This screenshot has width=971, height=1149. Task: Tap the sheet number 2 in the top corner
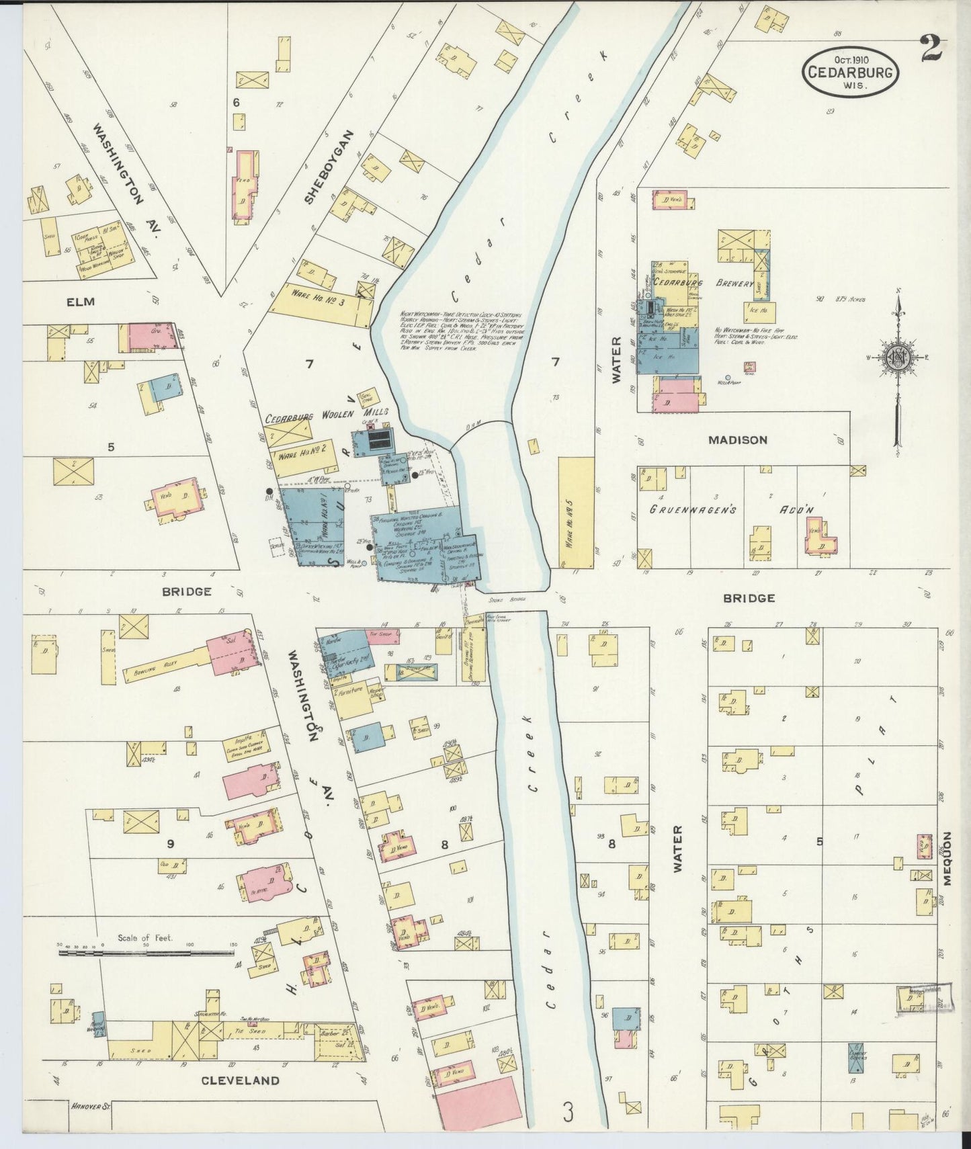(933, 49)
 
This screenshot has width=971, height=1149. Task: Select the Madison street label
(737, 440)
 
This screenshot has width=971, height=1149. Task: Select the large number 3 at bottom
(568, 1114)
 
